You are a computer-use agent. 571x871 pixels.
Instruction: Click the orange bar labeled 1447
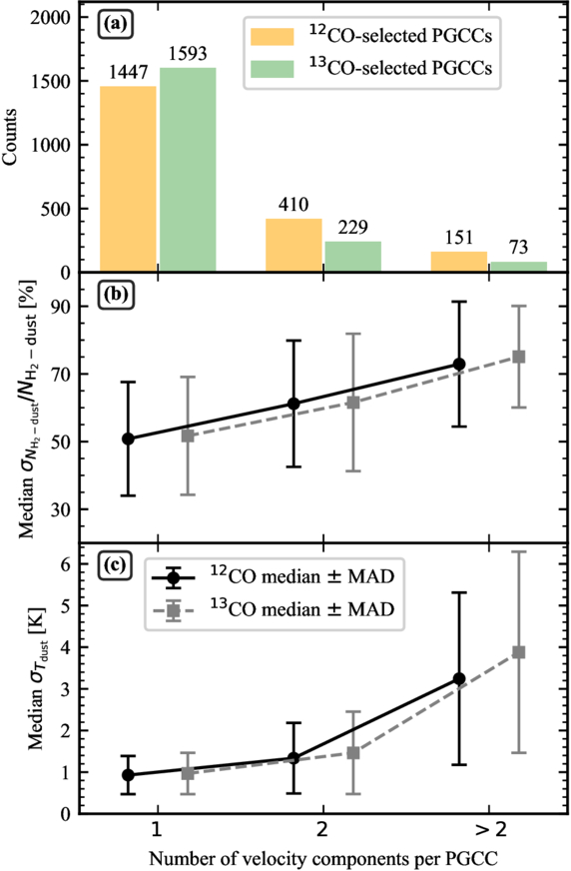128,179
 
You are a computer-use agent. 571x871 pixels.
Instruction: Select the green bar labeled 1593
188,170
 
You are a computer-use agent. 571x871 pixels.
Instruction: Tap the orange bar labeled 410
293,245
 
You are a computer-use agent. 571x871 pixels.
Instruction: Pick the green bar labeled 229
353,257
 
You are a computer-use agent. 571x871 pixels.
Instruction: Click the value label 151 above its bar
459,238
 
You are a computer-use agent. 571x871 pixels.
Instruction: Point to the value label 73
518,247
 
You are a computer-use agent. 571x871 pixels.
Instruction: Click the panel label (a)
115,24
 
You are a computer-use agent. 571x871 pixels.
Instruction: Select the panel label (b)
115,294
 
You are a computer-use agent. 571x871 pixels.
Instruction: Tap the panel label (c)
115,565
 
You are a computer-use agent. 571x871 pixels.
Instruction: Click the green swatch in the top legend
272,68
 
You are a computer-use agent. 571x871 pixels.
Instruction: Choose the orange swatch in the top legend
272,36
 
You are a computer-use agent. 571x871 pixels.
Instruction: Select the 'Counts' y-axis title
10,137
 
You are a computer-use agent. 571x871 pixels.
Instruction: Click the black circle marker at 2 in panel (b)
293,404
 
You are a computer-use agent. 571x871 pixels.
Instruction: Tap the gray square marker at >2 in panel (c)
519,652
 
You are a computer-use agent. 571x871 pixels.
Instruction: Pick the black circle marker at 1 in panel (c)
128,775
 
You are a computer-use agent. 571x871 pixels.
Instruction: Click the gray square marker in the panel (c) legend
174,610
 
